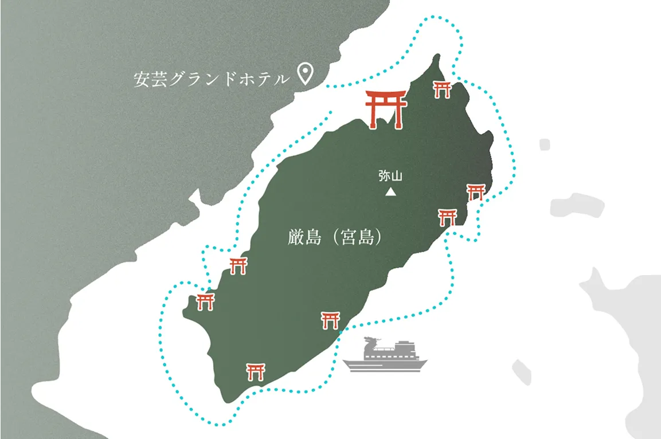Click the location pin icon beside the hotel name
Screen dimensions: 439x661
point(306,75)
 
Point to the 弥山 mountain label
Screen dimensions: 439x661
point(390,177)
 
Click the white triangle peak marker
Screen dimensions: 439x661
point(390,192)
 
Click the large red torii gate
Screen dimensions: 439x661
point(386,108)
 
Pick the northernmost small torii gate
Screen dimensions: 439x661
point(442,89)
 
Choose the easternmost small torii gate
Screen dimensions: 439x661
point(476,192)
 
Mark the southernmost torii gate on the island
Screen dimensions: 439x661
point(255,371)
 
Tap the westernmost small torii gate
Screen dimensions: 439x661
point(205,301)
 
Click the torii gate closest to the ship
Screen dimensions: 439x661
point(330,320)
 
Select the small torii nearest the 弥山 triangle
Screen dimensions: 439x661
point(447,217)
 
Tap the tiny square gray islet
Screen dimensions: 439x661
point(544,144)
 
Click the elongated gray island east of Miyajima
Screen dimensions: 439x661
point(576,205)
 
